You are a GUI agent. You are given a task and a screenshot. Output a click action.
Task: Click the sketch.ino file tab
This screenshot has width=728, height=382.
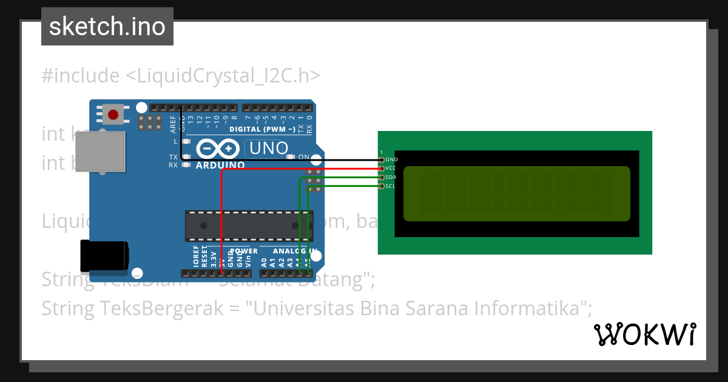pos(107,27)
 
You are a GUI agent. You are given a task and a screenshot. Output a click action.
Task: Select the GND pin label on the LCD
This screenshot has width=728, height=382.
pos(391,159)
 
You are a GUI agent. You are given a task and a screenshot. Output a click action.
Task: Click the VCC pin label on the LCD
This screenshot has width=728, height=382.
pos(391,169)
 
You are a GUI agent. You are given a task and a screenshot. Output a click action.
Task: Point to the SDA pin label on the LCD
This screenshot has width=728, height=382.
pos(391,177)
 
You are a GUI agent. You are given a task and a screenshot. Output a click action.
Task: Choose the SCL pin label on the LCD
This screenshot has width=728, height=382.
pos(391,186)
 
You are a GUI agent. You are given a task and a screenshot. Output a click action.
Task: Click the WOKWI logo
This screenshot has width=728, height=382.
pos(644,334)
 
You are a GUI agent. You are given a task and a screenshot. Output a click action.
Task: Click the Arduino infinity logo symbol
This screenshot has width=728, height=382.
pos(217,149)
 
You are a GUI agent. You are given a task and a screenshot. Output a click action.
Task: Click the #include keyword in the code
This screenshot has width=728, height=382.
pos(81,76)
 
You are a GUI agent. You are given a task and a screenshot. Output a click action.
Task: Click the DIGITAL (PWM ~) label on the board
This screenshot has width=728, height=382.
pos(262,129)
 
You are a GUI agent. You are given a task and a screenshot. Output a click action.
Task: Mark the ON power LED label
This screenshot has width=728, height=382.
pos(304,157)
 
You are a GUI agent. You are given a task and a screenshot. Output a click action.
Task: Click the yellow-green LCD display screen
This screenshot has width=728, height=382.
pos(516,193)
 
